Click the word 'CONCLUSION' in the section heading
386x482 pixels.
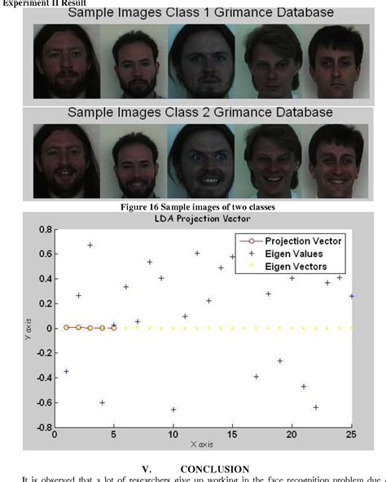pos(214,469)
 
